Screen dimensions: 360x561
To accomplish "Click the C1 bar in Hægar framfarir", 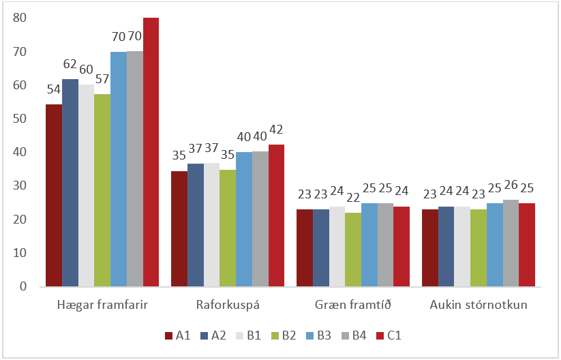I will [151, 151].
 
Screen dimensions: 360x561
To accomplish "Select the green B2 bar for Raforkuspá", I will [227, 228].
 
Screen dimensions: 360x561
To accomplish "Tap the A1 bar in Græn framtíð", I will [304, 247].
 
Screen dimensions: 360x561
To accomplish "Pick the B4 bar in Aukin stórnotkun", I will [511, 243].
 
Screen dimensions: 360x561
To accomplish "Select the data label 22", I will [353, 197].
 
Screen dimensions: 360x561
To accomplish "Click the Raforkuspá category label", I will [226, 304].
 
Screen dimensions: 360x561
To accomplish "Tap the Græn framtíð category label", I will [352, 304].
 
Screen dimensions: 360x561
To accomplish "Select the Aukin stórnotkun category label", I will [478, 304].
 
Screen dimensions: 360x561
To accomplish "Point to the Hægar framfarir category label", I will [102, 304].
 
